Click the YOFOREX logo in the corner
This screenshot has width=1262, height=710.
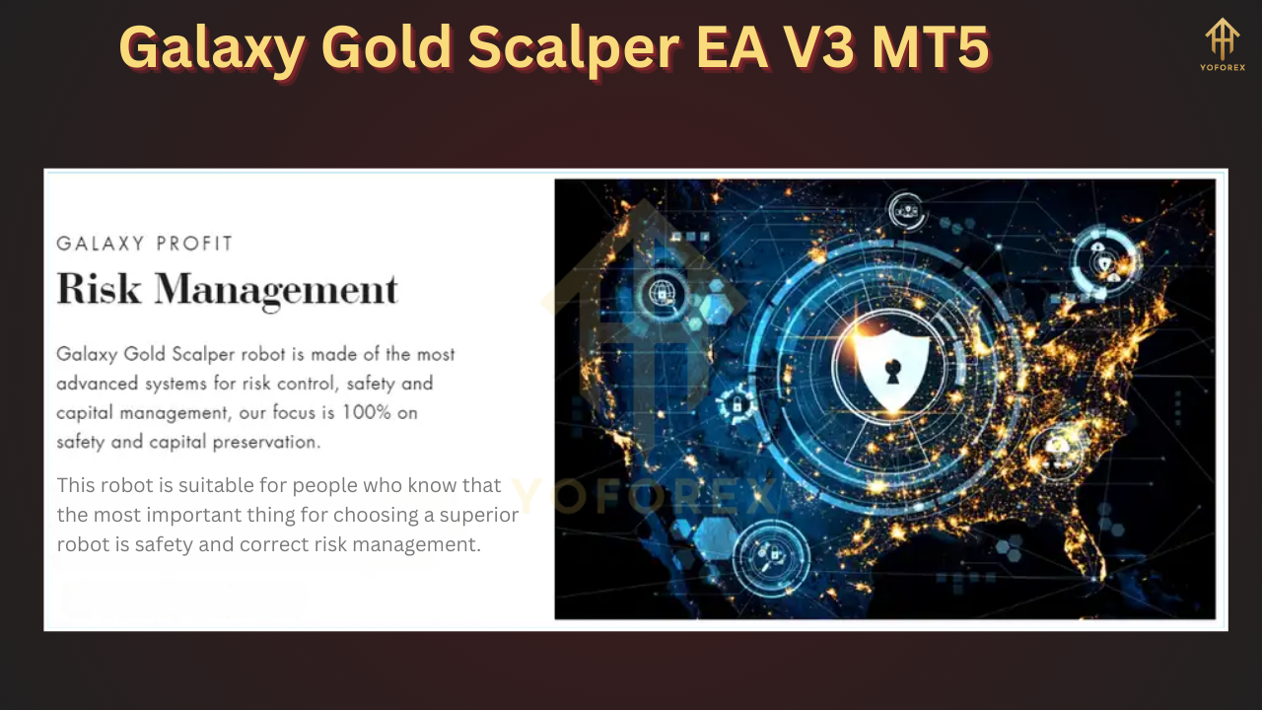click(1223, 44)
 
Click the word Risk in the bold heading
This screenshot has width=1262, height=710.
click(99, 289)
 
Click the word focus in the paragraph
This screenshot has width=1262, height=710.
click(305, 412)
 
